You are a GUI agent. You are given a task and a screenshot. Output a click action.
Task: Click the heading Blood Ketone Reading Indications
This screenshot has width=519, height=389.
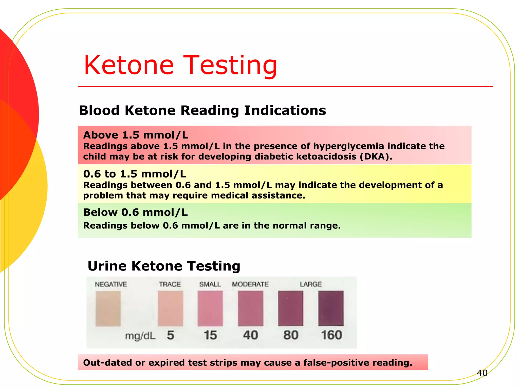click(x=202, y=110)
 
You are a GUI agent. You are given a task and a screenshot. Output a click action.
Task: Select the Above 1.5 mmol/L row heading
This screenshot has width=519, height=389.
click(x=136, y=135)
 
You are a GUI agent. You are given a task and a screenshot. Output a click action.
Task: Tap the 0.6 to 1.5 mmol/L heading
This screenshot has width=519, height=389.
click(x=135, y=174)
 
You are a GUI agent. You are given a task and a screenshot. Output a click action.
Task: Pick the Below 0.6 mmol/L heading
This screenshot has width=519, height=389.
click(x=135, y=212)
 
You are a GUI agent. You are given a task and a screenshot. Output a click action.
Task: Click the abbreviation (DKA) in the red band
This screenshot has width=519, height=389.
click(x=376, y=157)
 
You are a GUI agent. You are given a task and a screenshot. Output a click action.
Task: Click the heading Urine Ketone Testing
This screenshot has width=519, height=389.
click(x=164, y=266)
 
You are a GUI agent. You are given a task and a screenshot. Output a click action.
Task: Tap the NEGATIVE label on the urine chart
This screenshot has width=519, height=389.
click(x=111, y=284)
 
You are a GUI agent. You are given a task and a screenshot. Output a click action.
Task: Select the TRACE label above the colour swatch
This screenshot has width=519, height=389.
click(x=170, y=284)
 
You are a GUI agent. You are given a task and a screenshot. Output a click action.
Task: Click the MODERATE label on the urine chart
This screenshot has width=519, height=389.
click(x=250, y=284)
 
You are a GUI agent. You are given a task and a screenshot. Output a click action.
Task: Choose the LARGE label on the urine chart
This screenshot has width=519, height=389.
click(x=311, y=284)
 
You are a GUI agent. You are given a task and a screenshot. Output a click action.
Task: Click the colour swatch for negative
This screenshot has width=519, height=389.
click(x=108, y=308)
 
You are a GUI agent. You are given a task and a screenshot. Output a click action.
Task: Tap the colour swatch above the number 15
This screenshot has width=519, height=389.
click(x=210, y=308)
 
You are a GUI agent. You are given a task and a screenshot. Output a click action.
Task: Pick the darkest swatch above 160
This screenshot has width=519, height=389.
click(x=331, y=308)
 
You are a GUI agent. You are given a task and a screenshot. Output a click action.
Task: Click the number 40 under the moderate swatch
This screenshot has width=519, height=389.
click(x=250, y=335)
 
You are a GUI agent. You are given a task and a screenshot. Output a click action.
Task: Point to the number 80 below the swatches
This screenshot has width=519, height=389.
click(x=291, y=335)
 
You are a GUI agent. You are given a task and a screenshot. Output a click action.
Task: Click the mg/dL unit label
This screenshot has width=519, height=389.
click(x=140, y=336)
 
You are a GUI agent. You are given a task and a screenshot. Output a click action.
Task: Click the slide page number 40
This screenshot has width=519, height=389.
click(x=482, y=373)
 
